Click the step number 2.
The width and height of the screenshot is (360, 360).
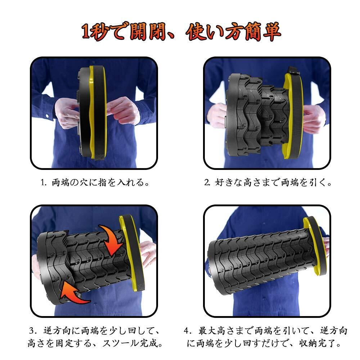[207, 183]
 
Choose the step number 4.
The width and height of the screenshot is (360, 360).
[188, 331]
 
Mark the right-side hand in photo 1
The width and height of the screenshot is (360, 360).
[124, 110]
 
